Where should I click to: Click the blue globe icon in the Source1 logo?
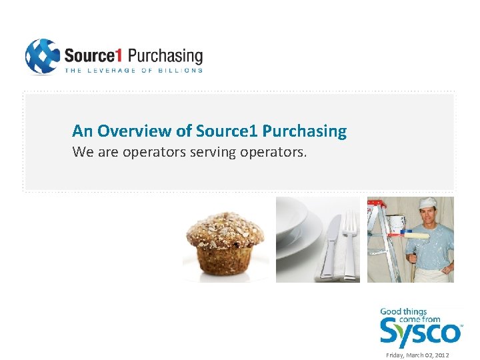tap(42, 57)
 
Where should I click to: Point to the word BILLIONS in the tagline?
tap(180, 70)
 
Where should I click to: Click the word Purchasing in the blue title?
tap(305, 131)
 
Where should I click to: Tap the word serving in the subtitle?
tap(213, 152)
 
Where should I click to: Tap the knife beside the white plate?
tap(331, 247)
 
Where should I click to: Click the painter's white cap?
tap(427, 202)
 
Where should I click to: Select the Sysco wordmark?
tap(420, 331)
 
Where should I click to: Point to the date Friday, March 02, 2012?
tap(418, 355)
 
